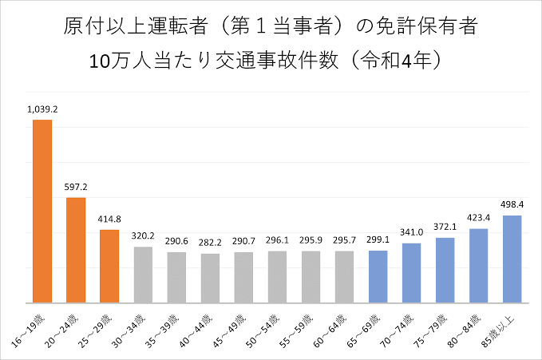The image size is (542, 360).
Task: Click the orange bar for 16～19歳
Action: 42,212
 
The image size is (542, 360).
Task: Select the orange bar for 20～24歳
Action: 76,251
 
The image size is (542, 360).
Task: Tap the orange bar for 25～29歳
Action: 109,267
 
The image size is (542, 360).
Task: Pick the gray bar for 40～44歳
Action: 210,279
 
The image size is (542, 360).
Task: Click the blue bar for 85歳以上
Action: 512,259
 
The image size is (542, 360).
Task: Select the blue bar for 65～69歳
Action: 378,277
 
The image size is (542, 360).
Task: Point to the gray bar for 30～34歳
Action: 143,275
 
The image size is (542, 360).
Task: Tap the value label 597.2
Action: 76,187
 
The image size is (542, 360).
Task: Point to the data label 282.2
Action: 210,243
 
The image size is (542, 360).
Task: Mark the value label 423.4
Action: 479,218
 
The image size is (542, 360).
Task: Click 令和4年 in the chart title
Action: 387,61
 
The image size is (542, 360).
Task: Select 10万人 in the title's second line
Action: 121,61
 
